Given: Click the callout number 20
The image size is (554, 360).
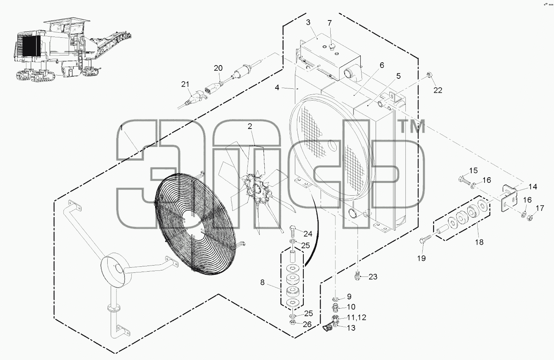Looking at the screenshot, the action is coord(218,68).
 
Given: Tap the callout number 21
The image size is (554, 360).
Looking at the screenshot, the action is coord(185,84).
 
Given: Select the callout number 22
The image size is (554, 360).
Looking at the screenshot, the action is coord(438,90).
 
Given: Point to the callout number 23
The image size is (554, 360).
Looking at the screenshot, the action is coord(373,276).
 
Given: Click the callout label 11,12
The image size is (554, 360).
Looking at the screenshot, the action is coord(356,317).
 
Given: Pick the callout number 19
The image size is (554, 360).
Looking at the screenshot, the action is coord(421,258).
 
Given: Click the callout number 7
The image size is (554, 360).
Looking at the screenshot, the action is coord(329,23).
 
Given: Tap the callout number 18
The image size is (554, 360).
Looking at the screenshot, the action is coord(479,242).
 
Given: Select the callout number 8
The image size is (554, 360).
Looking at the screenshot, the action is coord(262,282).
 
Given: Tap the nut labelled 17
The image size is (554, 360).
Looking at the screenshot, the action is coord(529,218).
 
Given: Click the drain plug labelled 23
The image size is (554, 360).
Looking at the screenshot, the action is coord(357,276).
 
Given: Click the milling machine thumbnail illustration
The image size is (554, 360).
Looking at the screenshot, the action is coord(72,49).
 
